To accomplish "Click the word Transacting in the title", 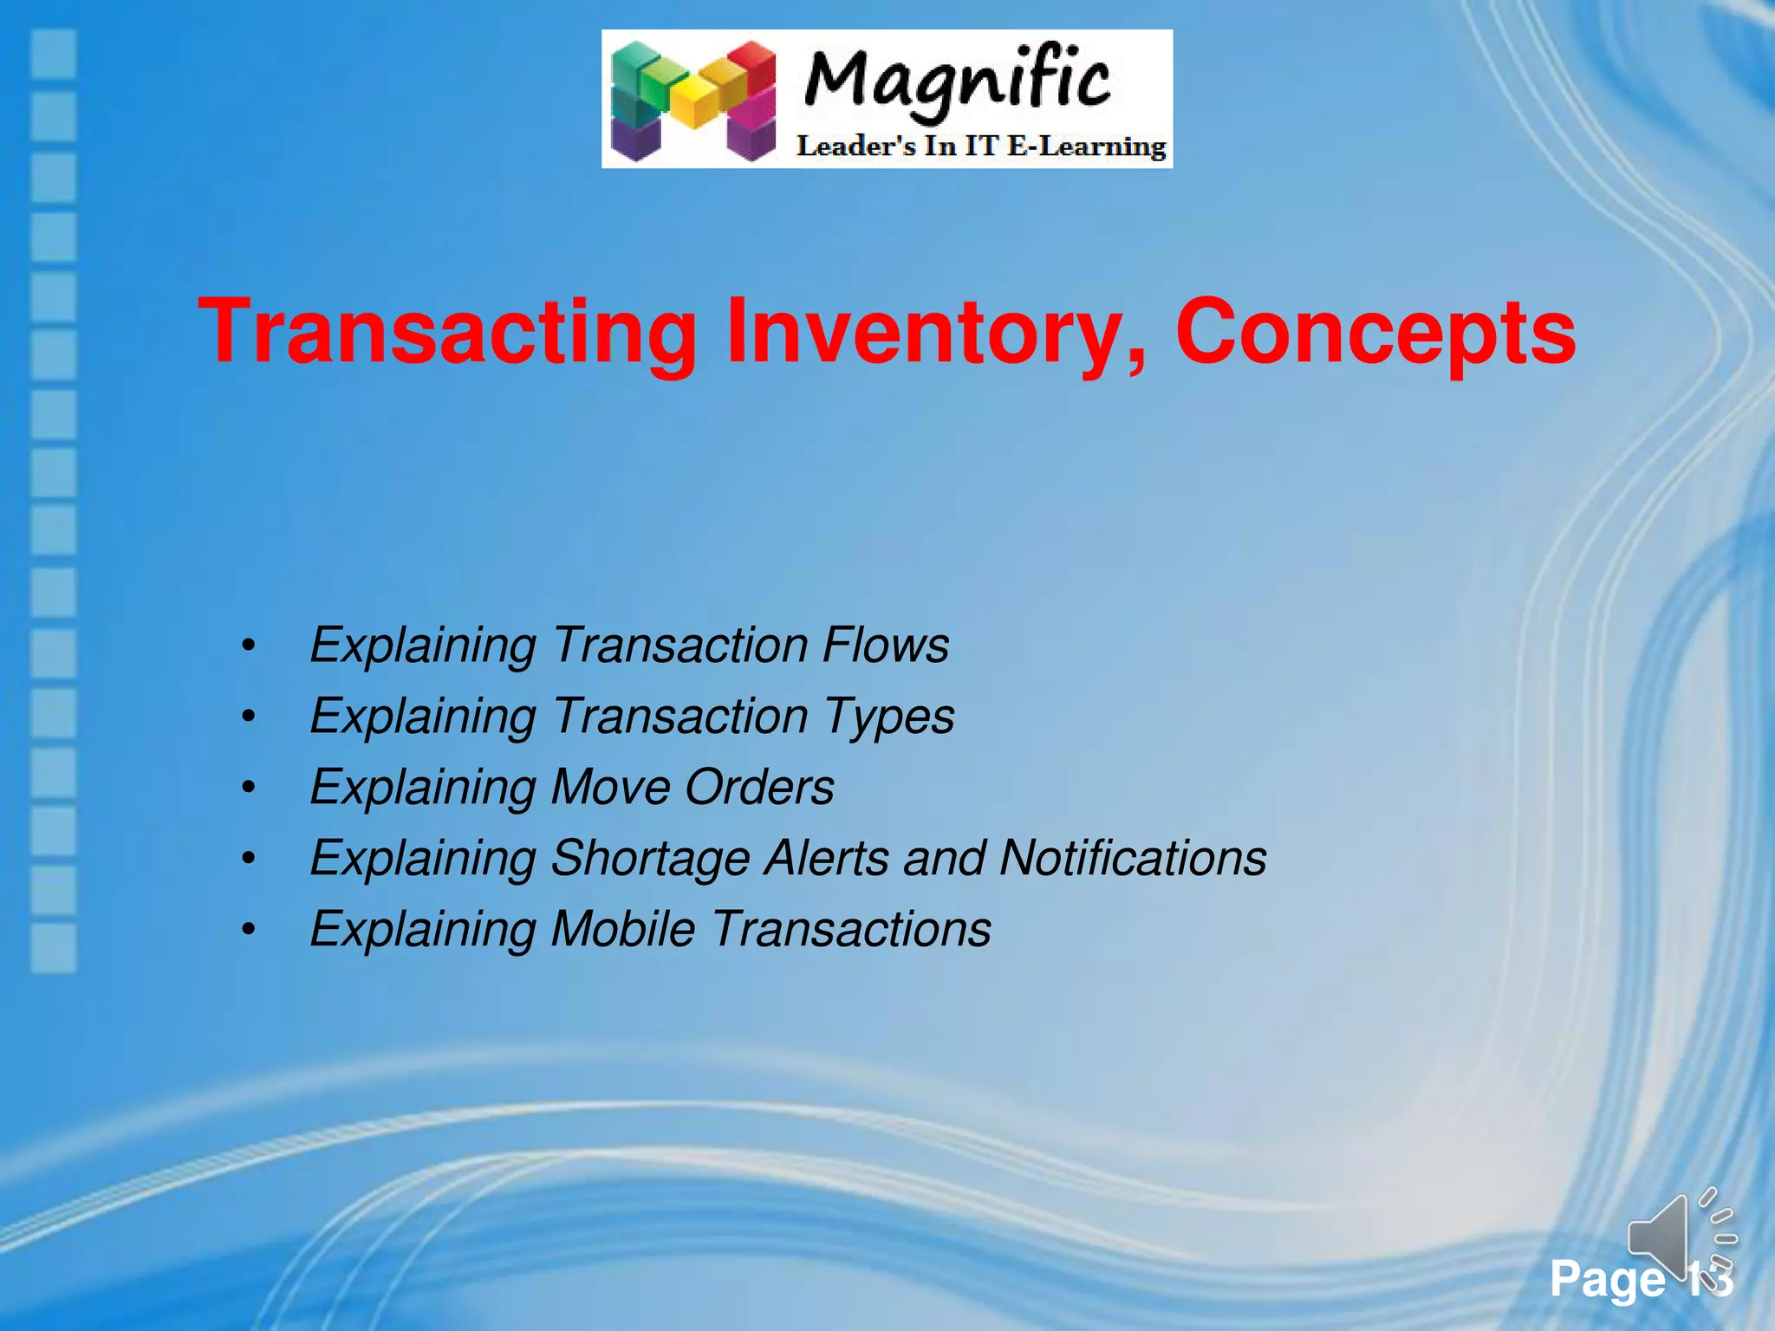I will (x=447, y=333).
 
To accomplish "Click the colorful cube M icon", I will (x=693, y=101).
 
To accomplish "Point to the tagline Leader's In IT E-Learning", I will (x=981, y=146).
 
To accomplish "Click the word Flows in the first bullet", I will (x=886, y=646).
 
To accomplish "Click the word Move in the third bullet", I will (x=610, y=788).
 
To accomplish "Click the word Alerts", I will (x=826, y=859).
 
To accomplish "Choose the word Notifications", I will (x=1133, y=859).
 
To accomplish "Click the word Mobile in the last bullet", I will (x=623, y=930).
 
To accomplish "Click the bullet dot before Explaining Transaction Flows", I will (x=249, y=646).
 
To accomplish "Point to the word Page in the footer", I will (x=1607, y=1280).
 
